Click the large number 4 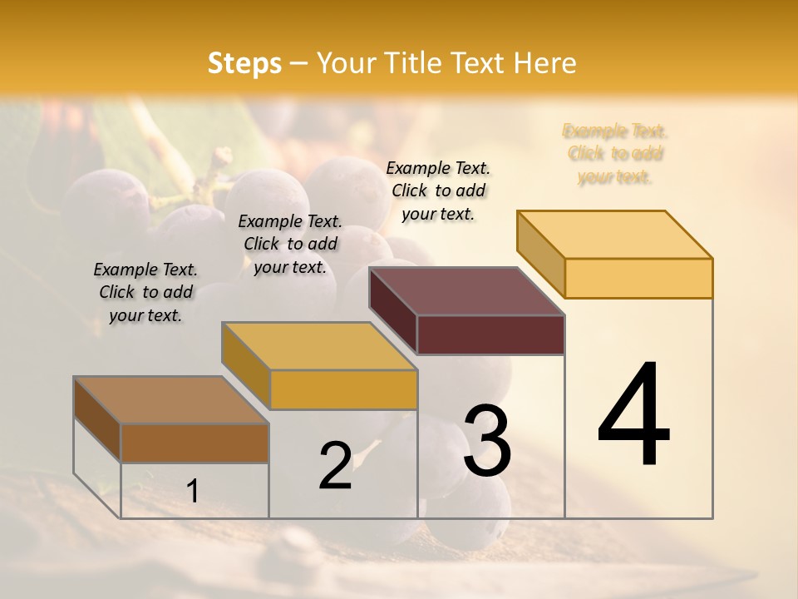[x=633, y=416]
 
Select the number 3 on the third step [x=486, y=441]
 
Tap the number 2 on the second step [x=335, y=466]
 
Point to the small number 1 [x=193, y=491]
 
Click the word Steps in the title [x=244, y=63]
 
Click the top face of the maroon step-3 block [x=465, y=291]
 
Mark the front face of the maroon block [x=490, y=335]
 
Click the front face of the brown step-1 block [x=195, y=443]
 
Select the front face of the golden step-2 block [x=343, y=389]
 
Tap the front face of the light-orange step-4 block [x=638, y=278]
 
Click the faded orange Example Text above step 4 [x=615, y=154]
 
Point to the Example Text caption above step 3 [x=438, y=191]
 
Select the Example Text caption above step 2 [x=290, y=244]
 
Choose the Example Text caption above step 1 [x=145, y=292]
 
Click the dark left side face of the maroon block [x=392, y=310]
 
